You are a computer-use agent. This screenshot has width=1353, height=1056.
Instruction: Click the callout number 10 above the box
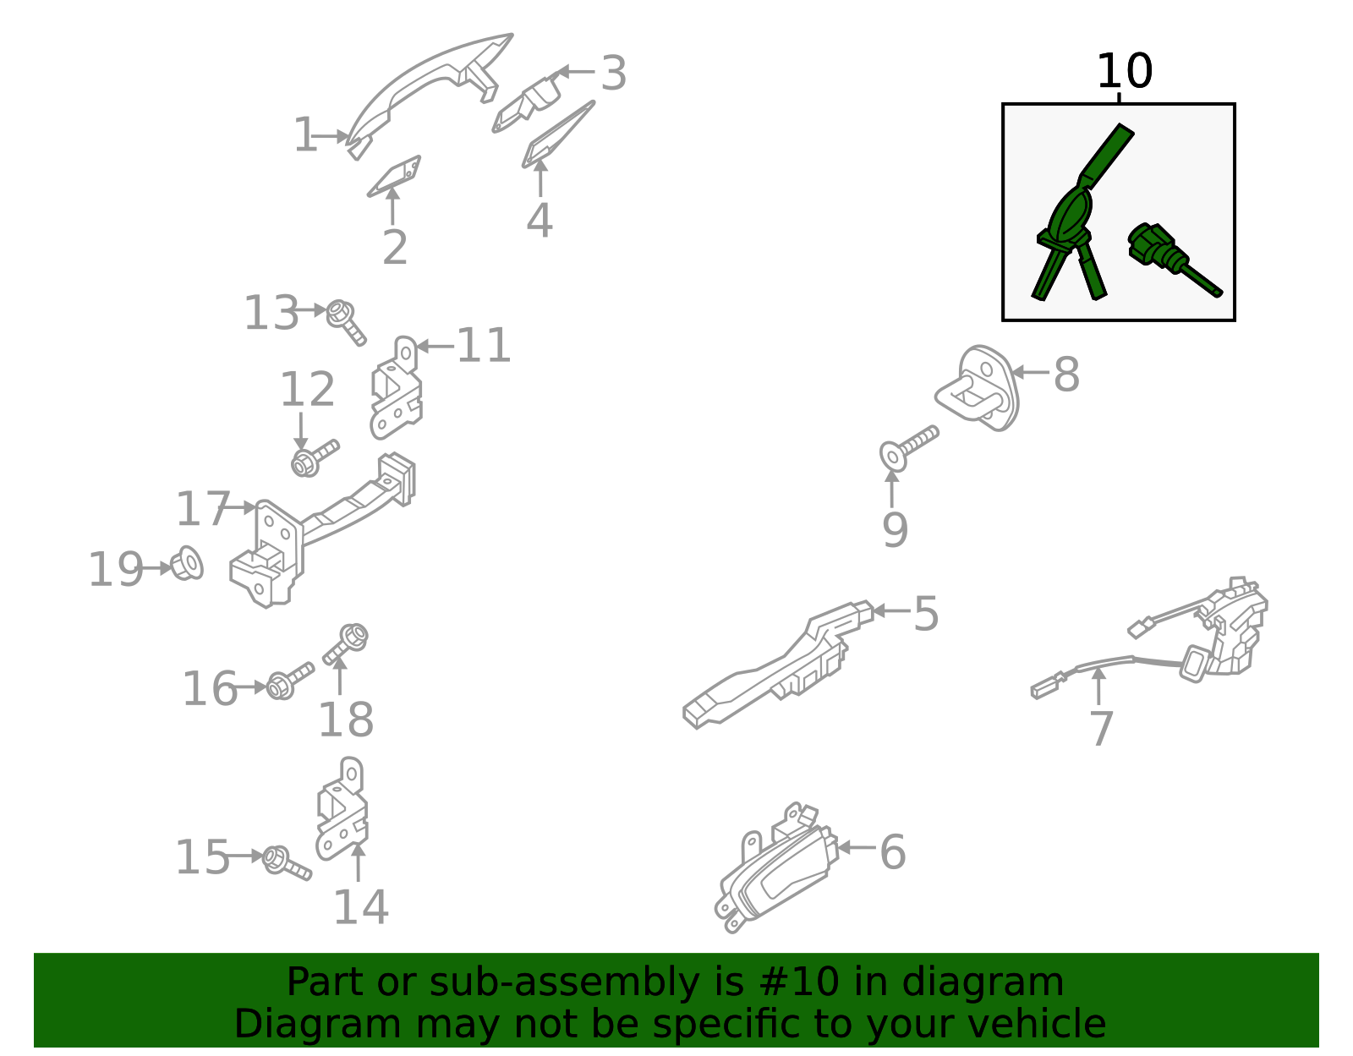1124,71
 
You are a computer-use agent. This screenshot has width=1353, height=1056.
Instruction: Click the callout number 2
395,248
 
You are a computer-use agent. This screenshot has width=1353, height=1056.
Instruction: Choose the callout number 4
540,220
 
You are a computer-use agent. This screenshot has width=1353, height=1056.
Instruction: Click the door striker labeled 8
978,388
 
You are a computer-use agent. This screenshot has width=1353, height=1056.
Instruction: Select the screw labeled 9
908,448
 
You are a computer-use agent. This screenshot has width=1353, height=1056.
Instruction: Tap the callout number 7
1101,729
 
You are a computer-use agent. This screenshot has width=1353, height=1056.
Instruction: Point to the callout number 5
926,614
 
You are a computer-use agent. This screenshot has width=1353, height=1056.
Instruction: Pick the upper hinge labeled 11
397,388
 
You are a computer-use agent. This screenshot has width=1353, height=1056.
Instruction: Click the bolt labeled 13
346,322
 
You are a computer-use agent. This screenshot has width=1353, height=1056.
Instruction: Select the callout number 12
308,390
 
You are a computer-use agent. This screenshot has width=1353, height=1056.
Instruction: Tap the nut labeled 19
187,563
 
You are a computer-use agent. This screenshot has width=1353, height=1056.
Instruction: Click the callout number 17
203,508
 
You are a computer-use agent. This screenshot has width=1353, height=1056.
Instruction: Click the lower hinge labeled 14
342,808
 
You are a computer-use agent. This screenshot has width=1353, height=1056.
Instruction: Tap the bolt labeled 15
287,863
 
